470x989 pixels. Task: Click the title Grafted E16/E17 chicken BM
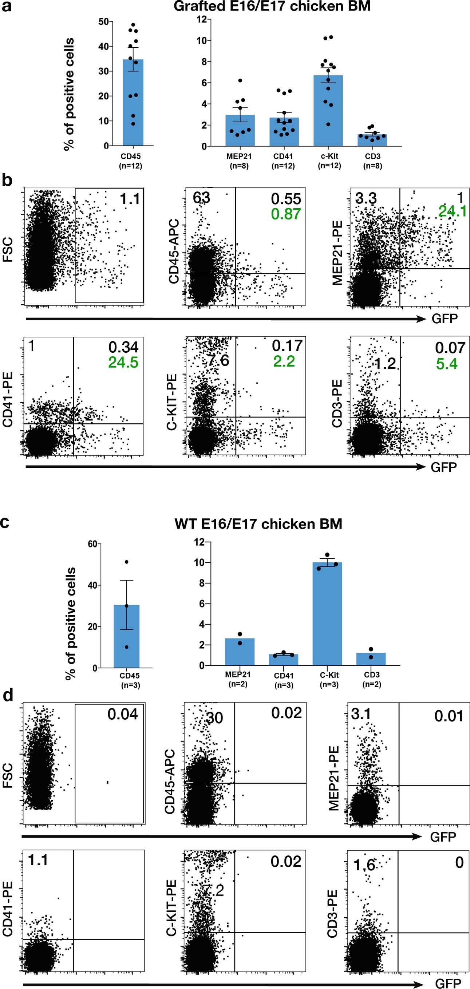point(272,7)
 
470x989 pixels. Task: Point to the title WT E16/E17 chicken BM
point(258,524)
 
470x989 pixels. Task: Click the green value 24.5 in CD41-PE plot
point(123,363)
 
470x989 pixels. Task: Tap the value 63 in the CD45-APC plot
point(201,198)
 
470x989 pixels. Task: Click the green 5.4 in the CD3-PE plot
point(446,364)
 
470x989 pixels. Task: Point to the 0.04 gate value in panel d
point(122,714)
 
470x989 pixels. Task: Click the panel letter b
point(7,180)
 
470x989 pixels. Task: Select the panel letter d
point(8,696)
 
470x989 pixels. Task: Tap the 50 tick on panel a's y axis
point(103,22)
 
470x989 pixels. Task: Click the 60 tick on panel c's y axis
point(92,544)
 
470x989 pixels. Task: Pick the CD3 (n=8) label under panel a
point(372,161)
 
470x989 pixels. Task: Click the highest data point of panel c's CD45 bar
point(127,562)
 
